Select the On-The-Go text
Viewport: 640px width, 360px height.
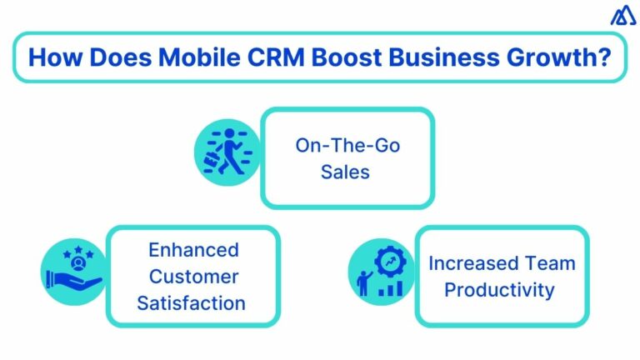tap(347, 146)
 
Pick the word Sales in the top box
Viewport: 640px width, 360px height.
tap(347, 172)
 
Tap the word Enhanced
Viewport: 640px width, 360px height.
tap(193, 249)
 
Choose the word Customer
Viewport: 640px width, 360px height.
tap(193, 276)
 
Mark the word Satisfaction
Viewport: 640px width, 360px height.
tap(193, 302)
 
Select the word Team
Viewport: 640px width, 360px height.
tap(550, 263)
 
